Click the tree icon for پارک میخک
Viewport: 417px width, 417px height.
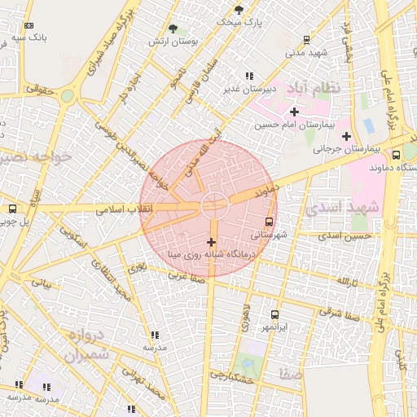point(239,10)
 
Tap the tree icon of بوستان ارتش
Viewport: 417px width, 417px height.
point(173,29)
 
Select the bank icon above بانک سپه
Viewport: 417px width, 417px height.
point(29,26)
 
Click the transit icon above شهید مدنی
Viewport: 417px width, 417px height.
point(306,39)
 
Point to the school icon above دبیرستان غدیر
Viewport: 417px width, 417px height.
point(249,76)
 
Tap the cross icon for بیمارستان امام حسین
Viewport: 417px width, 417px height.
point(294,112)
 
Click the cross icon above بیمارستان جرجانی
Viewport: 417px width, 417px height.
point(347,135)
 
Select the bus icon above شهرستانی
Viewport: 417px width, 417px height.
point(270,221)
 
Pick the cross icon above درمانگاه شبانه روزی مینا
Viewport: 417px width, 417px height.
point(212,242)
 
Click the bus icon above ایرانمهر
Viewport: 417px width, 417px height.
point(274,314)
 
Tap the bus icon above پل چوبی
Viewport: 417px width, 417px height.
point(11,208)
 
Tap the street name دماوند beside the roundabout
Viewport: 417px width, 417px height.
point(262,194)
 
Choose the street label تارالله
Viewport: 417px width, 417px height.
point(345,280)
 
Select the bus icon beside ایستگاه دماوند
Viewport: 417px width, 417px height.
point(396,155)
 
